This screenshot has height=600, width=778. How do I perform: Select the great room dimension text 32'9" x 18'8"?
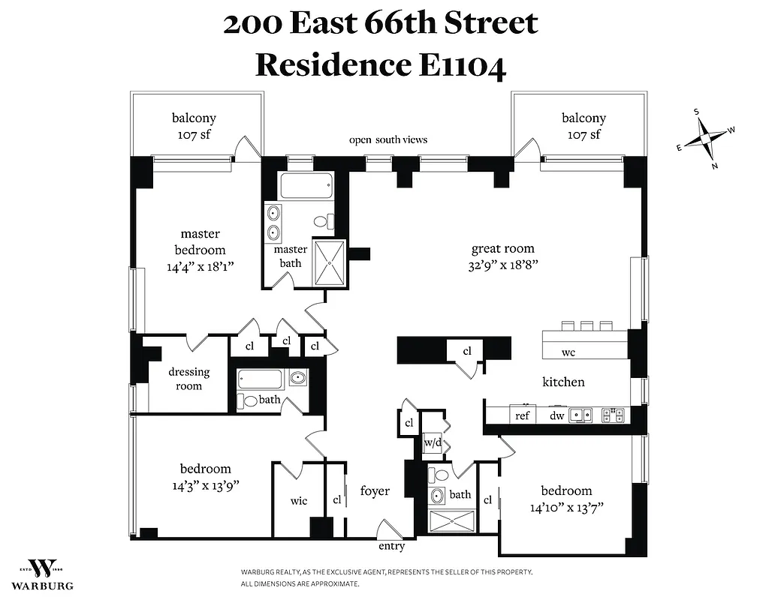coord(502,264)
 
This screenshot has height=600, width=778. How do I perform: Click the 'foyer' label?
coord(375,491)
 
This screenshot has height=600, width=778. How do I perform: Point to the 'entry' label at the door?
coord(392,546)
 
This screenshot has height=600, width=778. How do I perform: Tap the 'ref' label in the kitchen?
coord(522,415)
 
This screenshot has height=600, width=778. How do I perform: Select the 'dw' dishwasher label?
coord(556,415)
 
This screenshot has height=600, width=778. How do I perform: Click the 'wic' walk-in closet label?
coord(298,501)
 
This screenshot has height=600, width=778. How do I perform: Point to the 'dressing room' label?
coord(189,379)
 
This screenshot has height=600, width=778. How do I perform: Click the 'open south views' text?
coord(388,139)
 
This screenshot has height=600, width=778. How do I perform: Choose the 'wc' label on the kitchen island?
coord(568,352)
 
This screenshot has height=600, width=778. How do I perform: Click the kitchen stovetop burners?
coord(613,413)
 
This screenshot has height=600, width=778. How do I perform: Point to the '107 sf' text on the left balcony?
coord(194,135)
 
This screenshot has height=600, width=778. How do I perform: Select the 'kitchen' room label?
coord(563,382)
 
